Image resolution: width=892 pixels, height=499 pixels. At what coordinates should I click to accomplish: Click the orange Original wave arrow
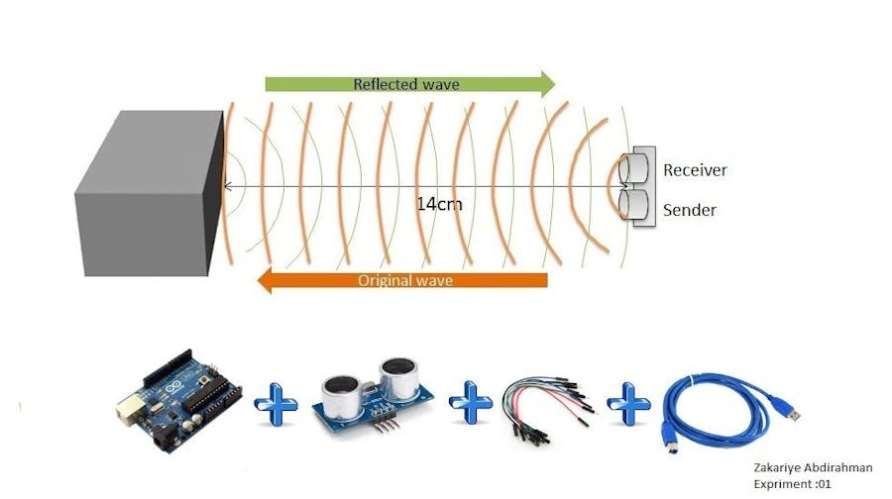tap(401, 281)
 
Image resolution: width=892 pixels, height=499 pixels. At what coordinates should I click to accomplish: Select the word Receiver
tap(695, 170)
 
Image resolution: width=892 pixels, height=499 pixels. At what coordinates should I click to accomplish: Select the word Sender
tap(690, 210)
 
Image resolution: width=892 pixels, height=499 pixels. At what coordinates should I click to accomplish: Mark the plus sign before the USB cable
tap(626, 407)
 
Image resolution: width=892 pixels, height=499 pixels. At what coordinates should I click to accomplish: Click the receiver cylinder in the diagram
tap(635, 168)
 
